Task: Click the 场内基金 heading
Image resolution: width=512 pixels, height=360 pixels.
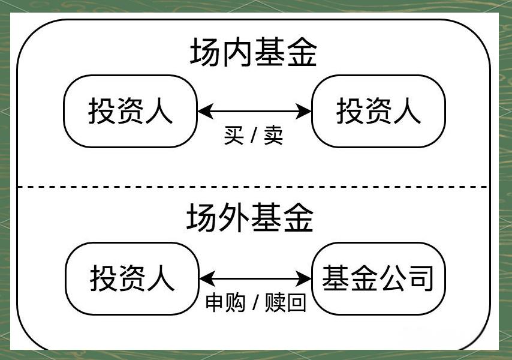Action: pos(253,53)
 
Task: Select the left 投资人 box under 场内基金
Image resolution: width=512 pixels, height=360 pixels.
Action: pos(131,111)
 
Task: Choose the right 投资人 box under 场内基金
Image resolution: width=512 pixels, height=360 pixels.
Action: pos(378,111)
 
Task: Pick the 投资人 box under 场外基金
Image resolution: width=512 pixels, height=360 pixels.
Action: pos(132,278)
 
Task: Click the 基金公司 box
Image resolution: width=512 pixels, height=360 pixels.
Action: pos(378,278)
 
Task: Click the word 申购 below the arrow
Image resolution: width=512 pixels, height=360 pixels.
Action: pos(225,303)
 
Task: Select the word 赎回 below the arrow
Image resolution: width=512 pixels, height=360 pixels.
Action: pos(287,303)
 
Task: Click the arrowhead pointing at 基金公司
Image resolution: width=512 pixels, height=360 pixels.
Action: pos(307,278)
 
